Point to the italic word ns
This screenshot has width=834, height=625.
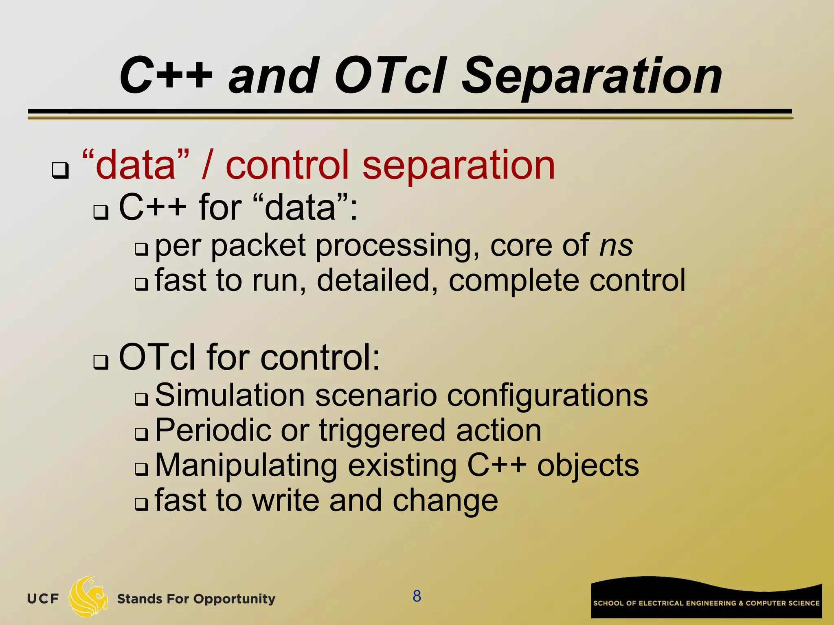coord(616,246)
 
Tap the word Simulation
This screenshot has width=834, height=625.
coord(230,396)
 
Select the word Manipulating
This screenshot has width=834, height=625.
coord(246,466)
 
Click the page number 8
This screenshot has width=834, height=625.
coord(417,596)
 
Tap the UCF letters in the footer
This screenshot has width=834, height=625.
coord(43,599)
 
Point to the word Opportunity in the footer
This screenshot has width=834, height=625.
coord(234,599)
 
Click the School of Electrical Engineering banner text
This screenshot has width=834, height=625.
coord(706,603)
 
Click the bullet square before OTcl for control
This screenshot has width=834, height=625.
coord(101,362)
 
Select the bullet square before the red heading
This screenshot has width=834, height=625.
coord(60,170)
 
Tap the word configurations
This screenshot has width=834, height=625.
coord(547,396)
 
